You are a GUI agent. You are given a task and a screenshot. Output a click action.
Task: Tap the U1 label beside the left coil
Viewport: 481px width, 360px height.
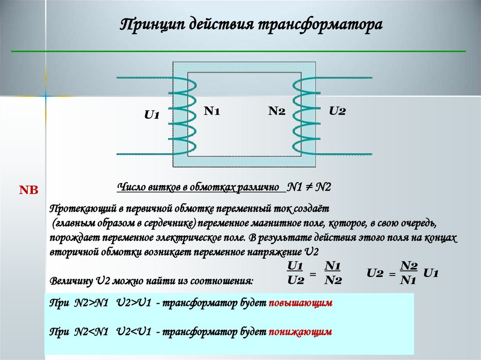pos(152,115)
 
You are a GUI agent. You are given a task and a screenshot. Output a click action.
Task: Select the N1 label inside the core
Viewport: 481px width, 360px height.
pos(212,111)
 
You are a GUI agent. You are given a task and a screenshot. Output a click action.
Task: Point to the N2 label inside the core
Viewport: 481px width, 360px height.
pos(277,111)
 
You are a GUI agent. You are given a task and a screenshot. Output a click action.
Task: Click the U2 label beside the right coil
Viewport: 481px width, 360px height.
pos(337,111)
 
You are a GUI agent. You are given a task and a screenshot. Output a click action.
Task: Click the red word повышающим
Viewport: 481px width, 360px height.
pos(301,303)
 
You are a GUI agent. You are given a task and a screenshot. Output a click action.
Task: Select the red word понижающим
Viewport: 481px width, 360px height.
pos(301,332)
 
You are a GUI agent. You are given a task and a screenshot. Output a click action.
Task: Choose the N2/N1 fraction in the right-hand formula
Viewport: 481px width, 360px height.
pos(409,273)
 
